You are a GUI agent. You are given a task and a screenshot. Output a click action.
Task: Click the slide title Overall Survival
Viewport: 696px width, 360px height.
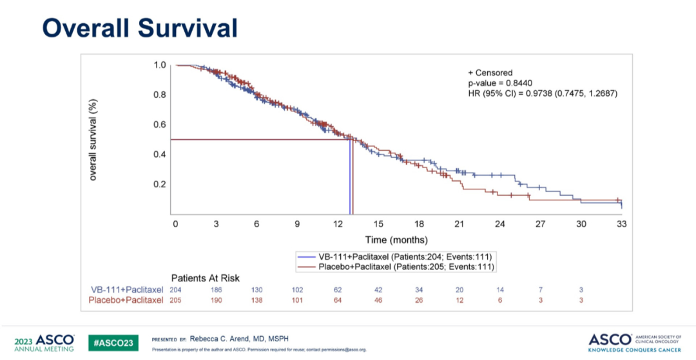(x=140, y=28)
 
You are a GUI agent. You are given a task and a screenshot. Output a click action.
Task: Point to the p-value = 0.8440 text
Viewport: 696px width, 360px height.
(x=499, y=83)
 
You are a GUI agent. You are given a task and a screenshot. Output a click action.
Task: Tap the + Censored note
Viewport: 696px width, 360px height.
(x=490, y=73)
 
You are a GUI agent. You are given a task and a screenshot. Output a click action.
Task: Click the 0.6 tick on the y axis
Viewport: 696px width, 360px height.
(x=160, y=124)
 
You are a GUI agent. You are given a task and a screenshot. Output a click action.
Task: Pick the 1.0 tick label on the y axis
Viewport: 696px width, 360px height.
(x=160, y=65)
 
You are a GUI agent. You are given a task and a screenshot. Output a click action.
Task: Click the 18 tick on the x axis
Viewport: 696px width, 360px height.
(x=419, y=224)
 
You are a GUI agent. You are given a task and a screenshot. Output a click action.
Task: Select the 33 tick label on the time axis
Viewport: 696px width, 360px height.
(x=622, y=224)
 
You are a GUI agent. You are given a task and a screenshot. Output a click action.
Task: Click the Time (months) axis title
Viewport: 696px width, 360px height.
(x=396, y=240)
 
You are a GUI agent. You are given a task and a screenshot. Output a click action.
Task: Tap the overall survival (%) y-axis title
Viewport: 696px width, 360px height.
(x=93, y=139)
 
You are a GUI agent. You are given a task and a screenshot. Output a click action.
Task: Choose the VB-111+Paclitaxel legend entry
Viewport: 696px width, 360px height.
(x=394, y=256)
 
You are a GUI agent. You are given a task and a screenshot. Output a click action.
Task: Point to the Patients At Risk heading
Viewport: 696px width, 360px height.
(x=205, y=278)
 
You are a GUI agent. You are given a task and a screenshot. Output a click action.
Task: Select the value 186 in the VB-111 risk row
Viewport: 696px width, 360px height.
(x=216, y=290)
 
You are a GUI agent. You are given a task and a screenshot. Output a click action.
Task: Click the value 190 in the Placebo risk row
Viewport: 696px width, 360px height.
(x=216, y=300)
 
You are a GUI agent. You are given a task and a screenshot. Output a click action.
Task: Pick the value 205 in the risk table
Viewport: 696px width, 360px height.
(x=175, y=300)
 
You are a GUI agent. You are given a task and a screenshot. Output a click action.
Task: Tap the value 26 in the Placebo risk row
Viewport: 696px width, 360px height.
(x=419, y=300)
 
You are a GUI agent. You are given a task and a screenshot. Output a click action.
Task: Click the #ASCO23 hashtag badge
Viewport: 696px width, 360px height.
(x=113, y=342)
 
